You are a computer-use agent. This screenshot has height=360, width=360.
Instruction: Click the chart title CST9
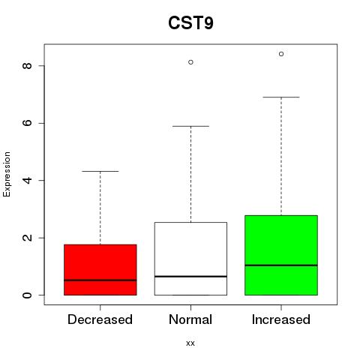(x=190, y=23)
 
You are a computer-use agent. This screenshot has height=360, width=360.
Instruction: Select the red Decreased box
(x=100, y=270)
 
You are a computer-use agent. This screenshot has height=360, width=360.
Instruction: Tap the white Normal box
(x=190, y=259)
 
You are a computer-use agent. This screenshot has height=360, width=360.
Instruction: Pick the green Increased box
(x=281, y=255)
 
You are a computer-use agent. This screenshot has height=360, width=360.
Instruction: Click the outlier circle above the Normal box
(x=190, y=62)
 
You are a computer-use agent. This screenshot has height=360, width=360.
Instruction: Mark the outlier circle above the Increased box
(x=281, y=54)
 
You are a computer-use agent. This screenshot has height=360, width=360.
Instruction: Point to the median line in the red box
(x=100, y=280)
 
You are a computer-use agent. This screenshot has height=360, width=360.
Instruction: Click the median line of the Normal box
(x=190, y=276)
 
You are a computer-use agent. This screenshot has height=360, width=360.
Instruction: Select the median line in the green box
(x=281, y=265)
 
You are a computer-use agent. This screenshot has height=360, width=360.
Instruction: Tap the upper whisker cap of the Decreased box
(x=100, y=171)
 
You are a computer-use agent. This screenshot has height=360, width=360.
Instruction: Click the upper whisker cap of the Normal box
(x=190, y=126)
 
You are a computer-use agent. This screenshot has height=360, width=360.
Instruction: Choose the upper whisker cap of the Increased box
(x=281, y=97)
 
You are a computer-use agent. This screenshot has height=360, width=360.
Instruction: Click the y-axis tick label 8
(x=27, y=66)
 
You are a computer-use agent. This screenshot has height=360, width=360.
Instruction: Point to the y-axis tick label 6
(x=27, y=123)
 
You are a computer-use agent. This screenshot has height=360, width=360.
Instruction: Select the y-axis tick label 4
(x=27, y=180)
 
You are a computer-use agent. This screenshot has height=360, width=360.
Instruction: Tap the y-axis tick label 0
(x=27, y=295)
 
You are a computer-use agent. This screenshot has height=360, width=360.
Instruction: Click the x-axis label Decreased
(x=100, y=319)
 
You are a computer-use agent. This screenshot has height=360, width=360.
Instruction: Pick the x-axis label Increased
(x=281, y=319)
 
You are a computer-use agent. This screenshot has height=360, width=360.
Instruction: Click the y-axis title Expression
(x=7, y=174)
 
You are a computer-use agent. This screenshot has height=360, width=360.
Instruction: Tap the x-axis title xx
(x=190, y=343)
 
